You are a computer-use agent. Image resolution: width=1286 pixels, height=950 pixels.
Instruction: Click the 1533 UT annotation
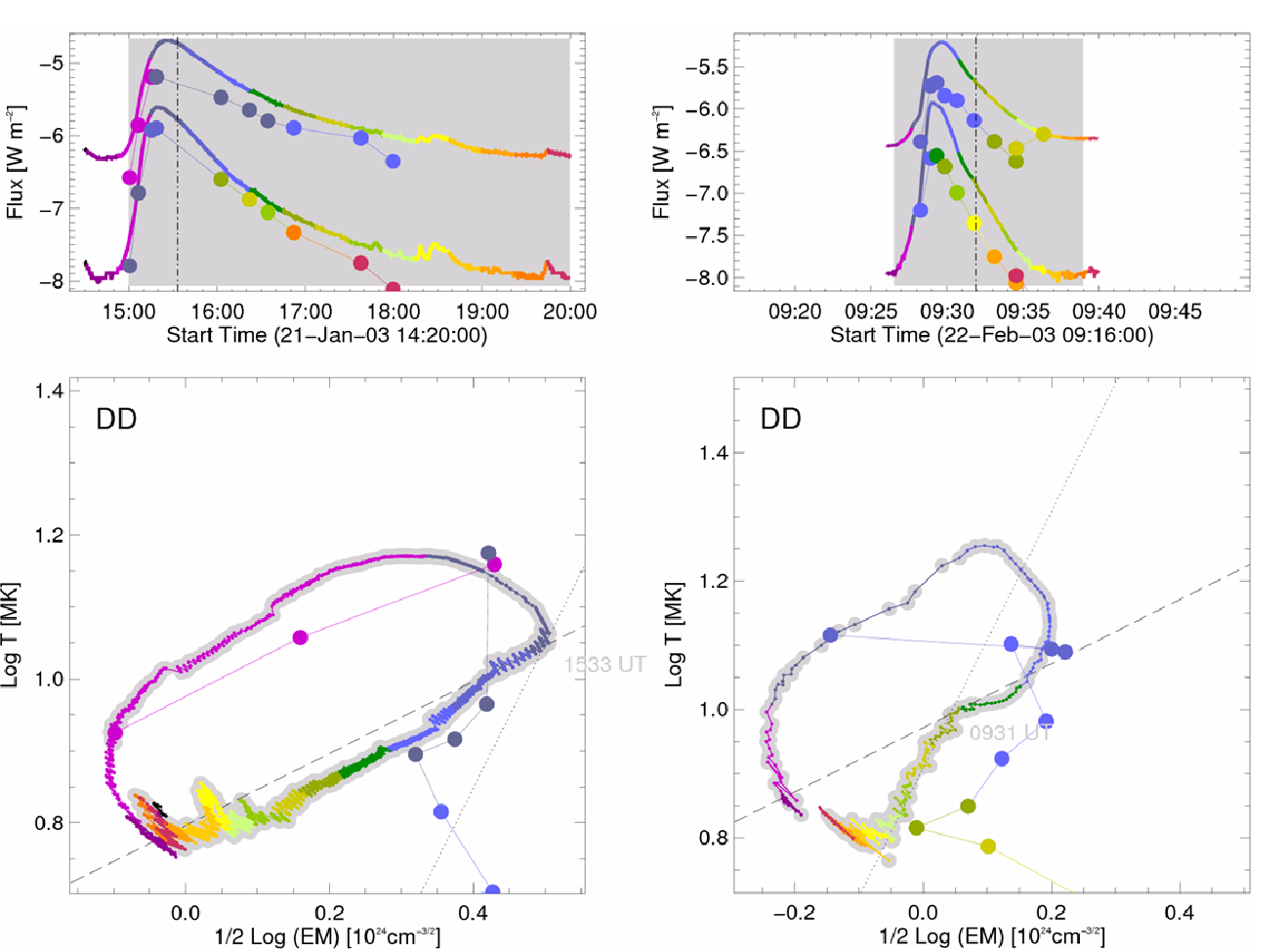[x=604, y=665]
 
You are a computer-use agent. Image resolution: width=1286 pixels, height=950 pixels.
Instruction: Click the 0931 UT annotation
[x=1009, y=732]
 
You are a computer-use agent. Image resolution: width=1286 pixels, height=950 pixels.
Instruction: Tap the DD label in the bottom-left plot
[x=115, y=420]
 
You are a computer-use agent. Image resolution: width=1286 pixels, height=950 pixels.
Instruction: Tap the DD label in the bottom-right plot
[x=780, y=420]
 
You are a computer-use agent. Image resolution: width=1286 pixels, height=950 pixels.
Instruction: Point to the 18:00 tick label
[x=394, y=312]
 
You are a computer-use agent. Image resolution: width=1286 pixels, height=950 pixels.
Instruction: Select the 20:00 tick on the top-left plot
[x=570, y=312]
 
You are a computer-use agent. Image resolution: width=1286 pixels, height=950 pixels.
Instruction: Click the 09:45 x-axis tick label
[x=1175, y=312]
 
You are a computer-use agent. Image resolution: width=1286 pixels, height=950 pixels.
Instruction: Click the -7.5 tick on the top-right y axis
[x=707, y=235]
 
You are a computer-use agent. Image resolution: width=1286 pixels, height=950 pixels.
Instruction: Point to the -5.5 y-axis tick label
[x=707, y=67]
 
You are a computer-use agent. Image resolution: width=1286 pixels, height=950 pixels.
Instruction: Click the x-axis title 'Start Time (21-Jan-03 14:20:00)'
[x=326, y=335]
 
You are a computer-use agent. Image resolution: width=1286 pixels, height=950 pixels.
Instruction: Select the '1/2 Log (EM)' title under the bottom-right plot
[x=992, y=936]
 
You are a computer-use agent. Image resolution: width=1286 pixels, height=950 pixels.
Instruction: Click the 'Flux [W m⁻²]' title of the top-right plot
[x=662, y=162]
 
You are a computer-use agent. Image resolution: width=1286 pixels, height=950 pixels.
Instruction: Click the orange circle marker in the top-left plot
[x=294, y=232]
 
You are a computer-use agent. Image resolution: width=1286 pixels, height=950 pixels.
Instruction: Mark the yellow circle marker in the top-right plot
[x=974, y=224]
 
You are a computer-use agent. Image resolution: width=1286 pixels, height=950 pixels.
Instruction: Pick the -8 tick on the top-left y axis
[x=50, y=281]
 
